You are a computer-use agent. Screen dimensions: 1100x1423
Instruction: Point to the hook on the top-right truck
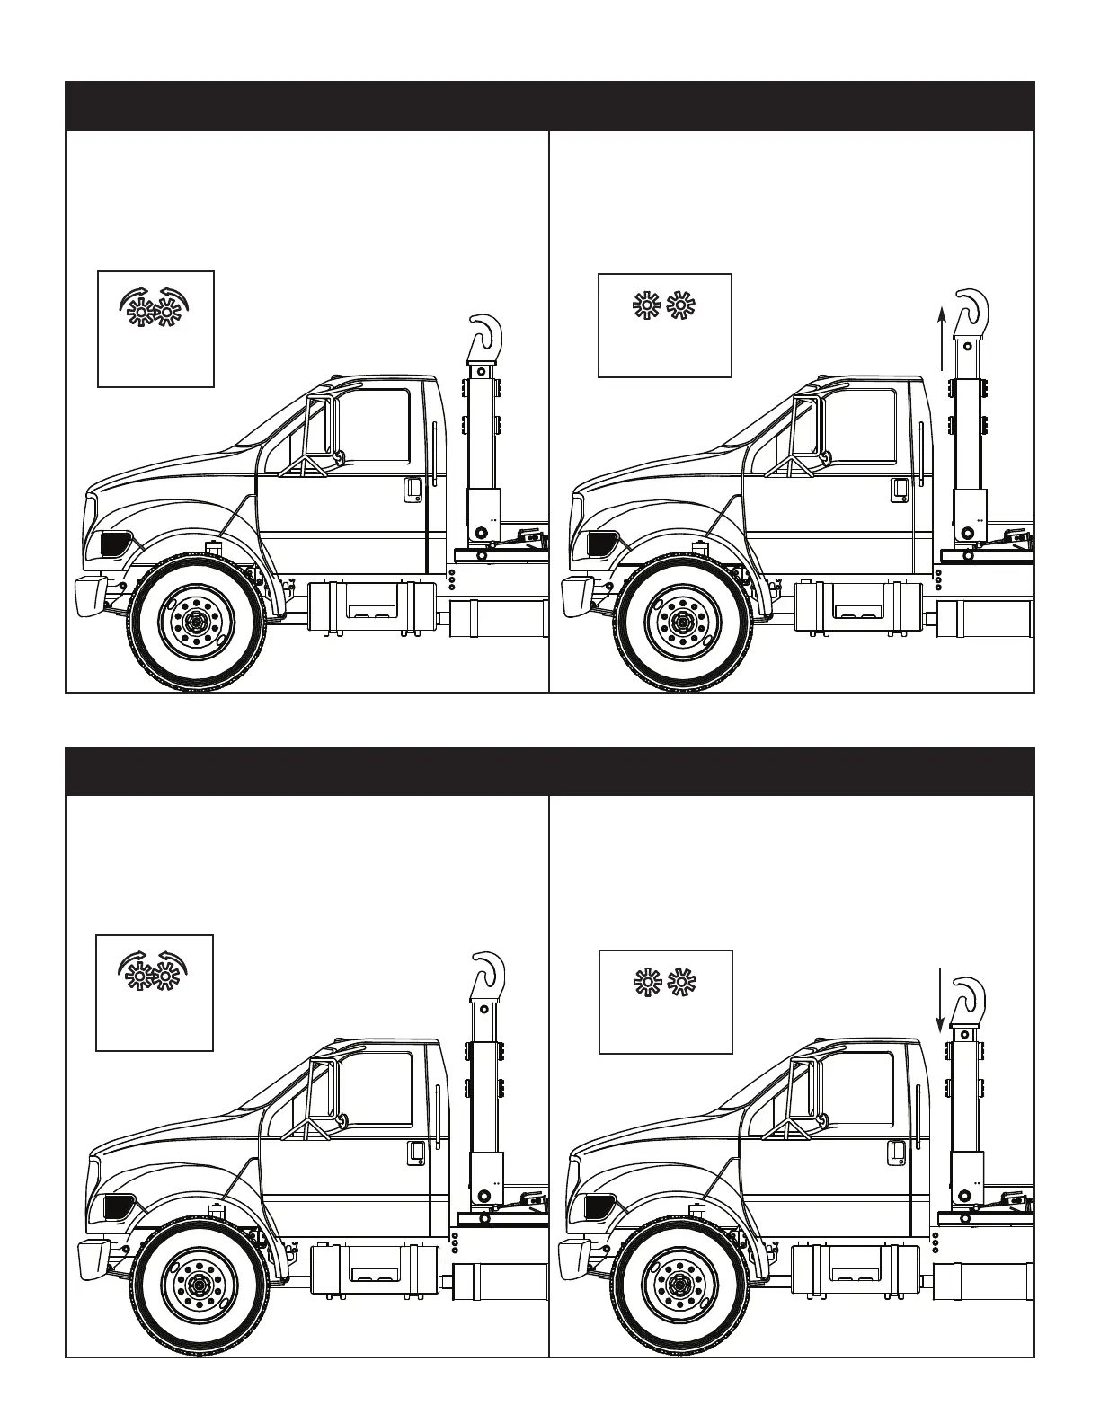point(971,309)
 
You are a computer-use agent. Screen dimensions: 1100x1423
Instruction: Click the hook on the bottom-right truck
point(971,997)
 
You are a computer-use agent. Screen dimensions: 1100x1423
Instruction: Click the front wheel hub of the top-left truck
point(196,619)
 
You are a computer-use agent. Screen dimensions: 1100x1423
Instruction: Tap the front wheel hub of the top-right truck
point(681,621)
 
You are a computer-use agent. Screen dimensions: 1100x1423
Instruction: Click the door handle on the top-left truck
point(412,490)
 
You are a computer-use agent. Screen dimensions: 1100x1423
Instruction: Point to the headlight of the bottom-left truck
point(119,1206)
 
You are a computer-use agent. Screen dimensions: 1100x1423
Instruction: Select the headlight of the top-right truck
point(600,543)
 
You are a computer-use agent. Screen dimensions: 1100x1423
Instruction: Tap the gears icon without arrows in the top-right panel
point(665,306)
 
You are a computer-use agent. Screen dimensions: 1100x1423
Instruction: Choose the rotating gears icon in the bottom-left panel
point(153,971)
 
